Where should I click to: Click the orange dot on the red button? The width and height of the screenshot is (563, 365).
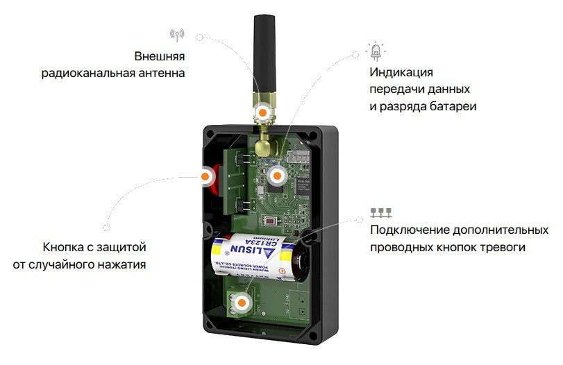tap(207, 177)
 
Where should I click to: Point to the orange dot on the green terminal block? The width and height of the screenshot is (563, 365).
tap(242, 303)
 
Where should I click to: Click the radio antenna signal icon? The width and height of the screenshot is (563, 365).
tap(176, 35)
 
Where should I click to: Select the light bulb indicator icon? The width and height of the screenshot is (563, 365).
tap(376, 50)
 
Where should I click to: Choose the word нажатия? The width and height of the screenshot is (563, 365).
tap(124, 264)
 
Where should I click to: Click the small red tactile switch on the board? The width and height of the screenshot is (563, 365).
tap(269, 221)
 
